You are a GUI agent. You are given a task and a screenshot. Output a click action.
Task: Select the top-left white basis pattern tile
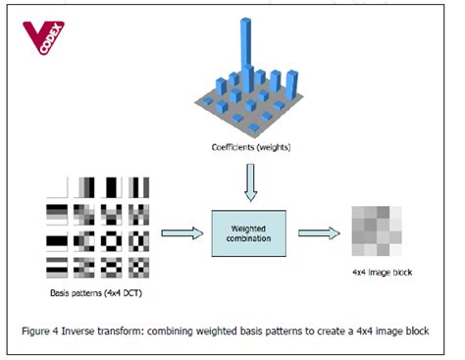click(58, 187)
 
